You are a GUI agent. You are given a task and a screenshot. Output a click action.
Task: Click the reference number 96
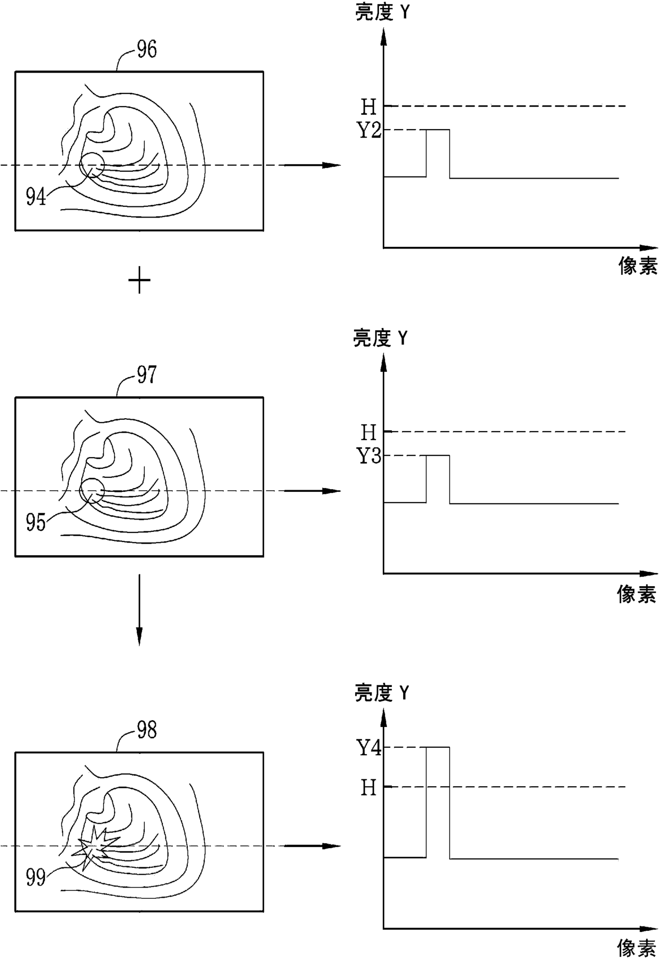[147, 50]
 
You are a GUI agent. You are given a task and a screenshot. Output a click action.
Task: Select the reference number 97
[147, 375]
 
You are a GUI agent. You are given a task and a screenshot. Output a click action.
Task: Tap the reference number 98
[147, 730]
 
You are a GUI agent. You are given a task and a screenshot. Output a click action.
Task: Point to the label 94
[36, 198]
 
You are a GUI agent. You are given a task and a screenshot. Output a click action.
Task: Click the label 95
[36, 523]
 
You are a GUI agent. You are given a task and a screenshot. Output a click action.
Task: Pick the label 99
[36, 878]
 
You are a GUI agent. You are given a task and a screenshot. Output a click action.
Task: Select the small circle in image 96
[91, 165]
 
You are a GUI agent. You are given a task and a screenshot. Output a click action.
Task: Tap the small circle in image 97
[91, 490]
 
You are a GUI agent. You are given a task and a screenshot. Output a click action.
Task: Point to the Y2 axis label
[369, 131]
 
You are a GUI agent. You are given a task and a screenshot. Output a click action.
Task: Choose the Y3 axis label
[369, 456]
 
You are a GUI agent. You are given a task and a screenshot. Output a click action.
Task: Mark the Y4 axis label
[369, 748]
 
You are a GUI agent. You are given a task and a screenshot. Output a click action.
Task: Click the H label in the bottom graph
[369, 787]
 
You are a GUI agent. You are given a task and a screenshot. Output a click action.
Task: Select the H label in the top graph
[369, 107]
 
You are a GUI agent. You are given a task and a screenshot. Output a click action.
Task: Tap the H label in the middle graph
[369, 432]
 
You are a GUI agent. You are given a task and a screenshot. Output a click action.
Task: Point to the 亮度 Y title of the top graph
[382, 13]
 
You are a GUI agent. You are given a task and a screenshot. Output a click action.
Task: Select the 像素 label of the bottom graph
[637, 948]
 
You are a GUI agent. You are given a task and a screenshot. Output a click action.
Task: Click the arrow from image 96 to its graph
[312, 165]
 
